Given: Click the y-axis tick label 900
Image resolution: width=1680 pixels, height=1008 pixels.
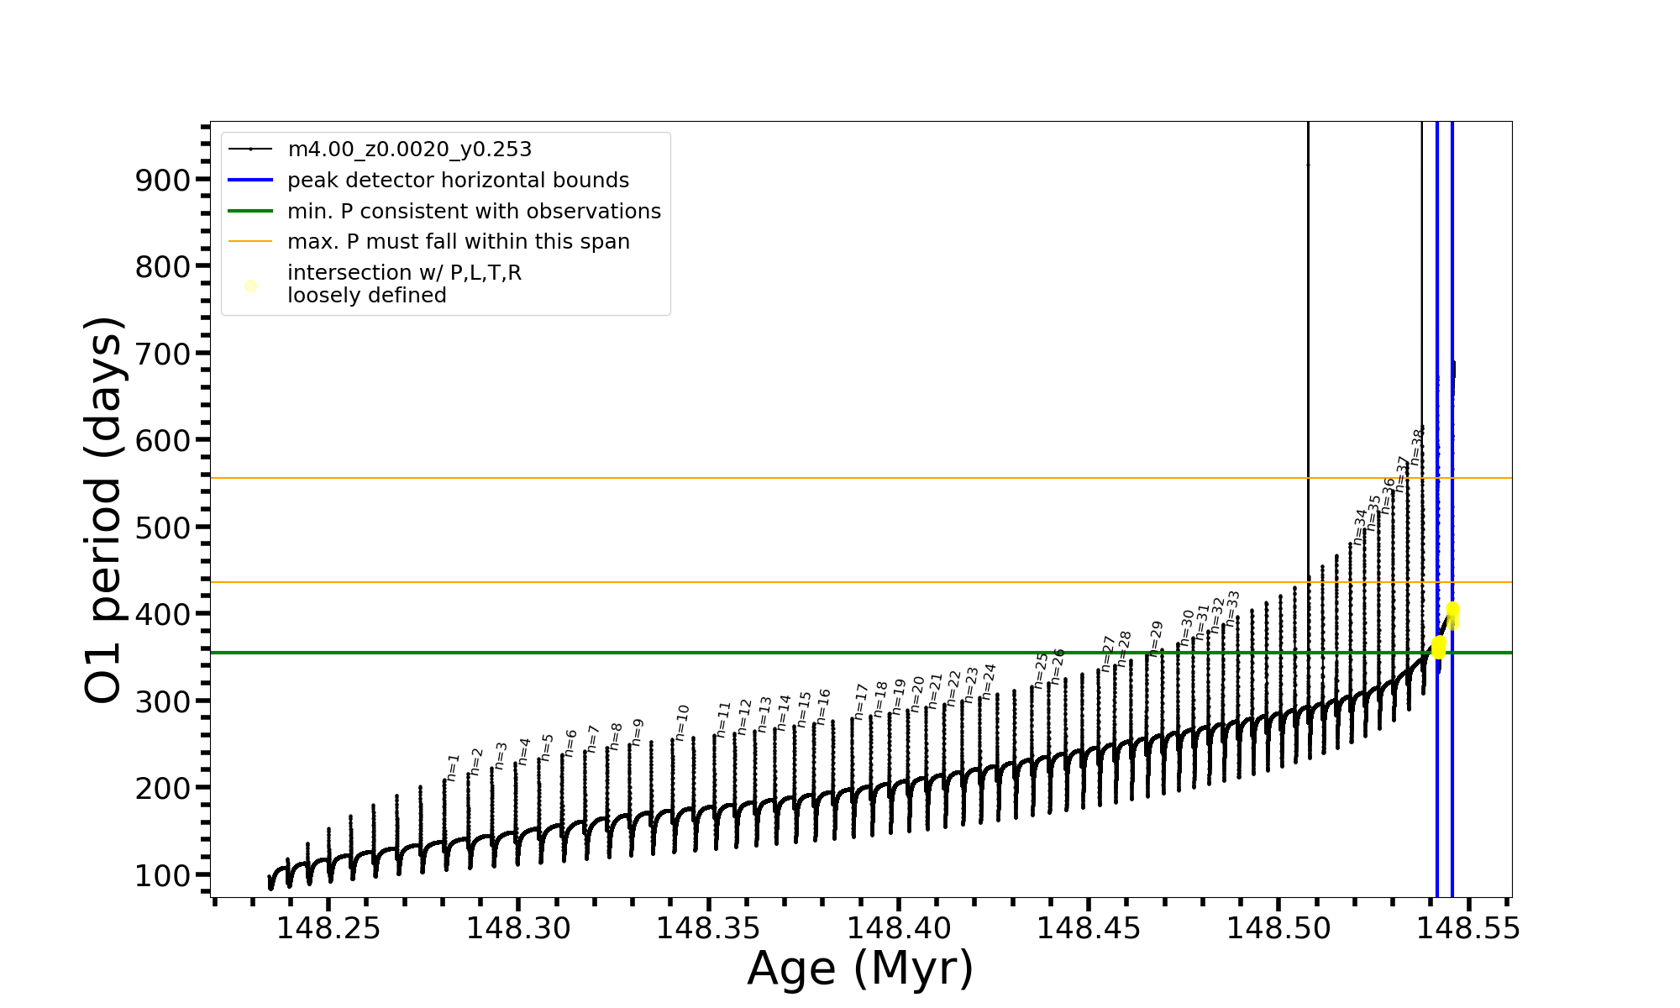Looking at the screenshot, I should pyautogui.click(x=163, y=180).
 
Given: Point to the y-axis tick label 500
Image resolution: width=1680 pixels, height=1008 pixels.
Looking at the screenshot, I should pyautogui.click(x=163, y=528).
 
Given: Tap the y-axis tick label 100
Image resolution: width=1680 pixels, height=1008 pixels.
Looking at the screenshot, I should pyautogui.click(x=163, y=875).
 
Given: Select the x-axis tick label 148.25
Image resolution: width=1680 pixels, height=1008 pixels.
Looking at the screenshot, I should pyautogui.click(x=328, y=928).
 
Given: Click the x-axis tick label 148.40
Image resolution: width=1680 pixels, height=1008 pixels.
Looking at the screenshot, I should pyautogui.click(x=899, y=928).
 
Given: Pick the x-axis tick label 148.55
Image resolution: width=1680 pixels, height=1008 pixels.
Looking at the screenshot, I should pyautogui.click(x=1468, y=928).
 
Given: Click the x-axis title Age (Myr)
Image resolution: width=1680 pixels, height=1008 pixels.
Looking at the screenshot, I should pyautogui.click(x=860, y=969).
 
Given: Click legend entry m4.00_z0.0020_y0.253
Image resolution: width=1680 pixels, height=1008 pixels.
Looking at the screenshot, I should pyautogui.click(x=409, y=150).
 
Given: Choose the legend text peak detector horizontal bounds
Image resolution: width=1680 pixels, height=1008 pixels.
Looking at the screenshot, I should pyautogui.click(x=458, y=181).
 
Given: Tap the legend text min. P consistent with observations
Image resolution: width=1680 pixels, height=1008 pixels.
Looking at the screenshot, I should pyautogui.click(x=474, y=212).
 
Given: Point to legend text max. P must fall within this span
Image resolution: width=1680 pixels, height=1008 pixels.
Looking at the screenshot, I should pyautogui.click(x=458, y=242).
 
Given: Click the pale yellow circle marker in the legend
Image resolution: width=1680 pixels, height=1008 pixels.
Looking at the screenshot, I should pyautogui.click(x=250, y=286).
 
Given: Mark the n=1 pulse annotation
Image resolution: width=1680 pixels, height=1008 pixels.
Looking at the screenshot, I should pyautogui.click(x=453, y=768).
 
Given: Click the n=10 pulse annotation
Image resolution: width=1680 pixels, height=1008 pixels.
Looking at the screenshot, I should pyautogui.click(x=681, y=722).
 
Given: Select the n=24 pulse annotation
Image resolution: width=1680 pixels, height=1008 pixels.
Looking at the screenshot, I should pyautogui.click(x=989, y=681).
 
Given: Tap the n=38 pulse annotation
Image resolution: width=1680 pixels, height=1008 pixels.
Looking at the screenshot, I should pyautogui.click(x=1417, y=447).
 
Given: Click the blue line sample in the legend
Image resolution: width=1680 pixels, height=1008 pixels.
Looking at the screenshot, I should pyautogui.click(x=250, y=181).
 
